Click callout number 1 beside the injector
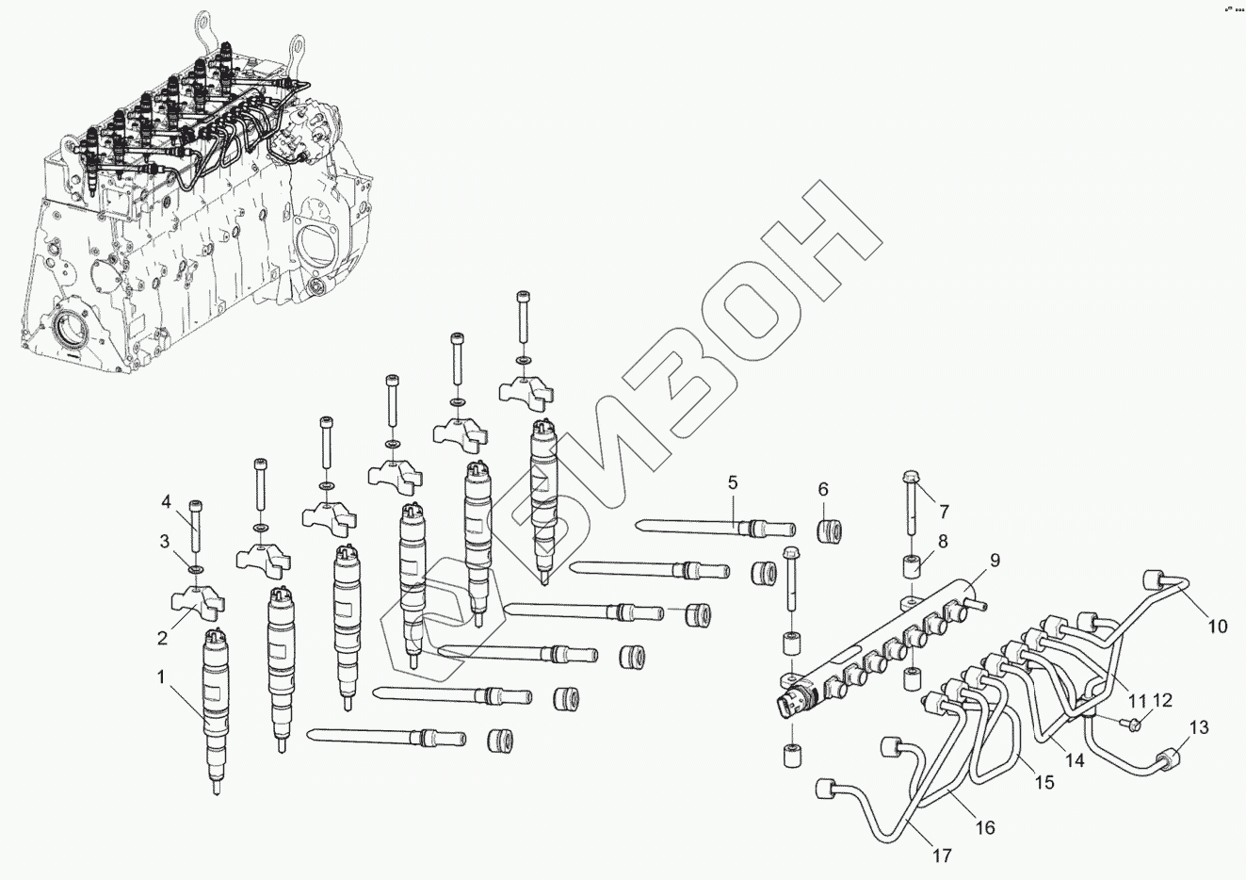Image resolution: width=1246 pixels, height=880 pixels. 161,676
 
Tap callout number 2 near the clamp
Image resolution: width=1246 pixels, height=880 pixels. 162,638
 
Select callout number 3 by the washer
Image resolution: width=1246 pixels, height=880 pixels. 164,541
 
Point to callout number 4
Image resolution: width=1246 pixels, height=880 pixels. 165,501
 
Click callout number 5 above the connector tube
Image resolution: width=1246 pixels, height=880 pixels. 732,483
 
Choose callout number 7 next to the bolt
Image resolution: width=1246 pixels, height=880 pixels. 943,512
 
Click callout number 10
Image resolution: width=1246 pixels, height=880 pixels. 1218,626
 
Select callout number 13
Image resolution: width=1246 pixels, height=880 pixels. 1199,727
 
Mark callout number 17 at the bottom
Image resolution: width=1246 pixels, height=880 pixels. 941,856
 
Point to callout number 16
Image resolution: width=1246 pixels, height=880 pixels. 984,828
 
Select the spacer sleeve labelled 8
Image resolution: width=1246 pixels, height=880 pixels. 912,567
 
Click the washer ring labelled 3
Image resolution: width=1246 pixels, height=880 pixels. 195,569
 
